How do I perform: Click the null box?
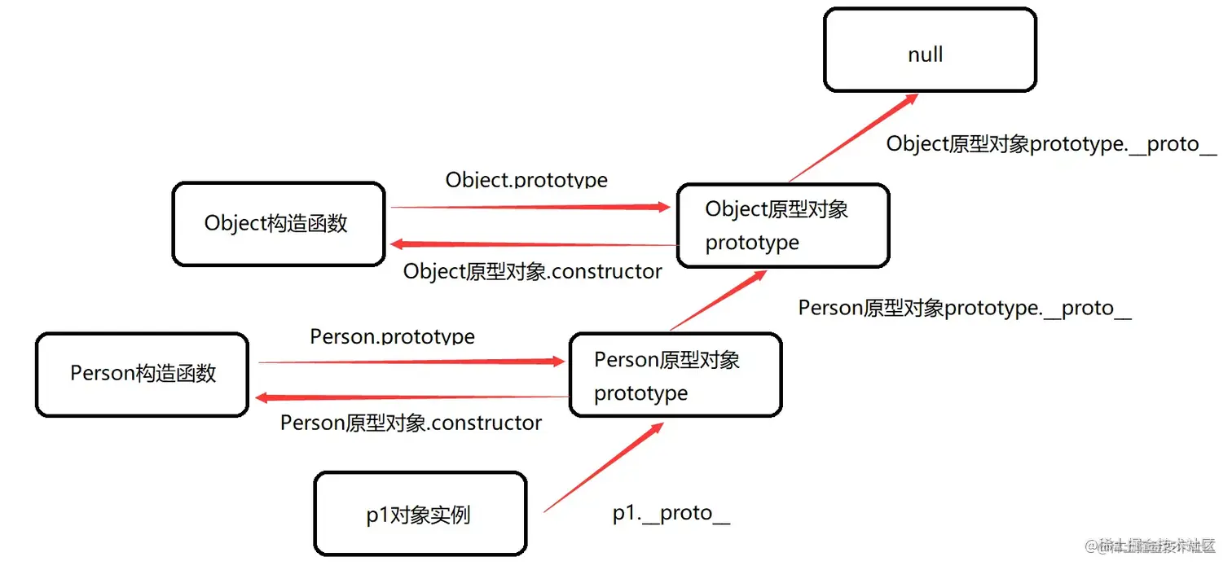pos(930,50)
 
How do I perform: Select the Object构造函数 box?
pos(278,224)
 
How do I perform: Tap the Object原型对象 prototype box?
pos(782,226)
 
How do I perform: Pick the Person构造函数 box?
pos(142,374)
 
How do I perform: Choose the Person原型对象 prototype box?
pos(675,375)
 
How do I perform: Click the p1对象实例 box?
pos(420,514)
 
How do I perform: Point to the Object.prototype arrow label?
pos(526,179)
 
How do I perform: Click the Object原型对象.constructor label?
pos(532,271)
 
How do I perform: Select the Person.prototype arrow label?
pos(392,336)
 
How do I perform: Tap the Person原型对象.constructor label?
pos(411,423)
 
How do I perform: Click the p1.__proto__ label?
pos(671,513)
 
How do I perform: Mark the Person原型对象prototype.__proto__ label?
pos(965,308)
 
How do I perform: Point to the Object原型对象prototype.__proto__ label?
pos(1051,144)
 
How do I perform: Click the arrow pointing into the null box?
pos(853,138)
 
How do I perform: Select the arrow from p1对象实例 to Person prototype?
pos(603,468)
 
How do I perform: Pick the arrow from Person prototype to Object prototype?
pos(717,301)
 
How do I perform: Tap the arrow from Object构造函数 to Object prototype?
pos(530,208)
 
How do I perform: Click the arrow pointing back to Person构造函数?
pos(411,397)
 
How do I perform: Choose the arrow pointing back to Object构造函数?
pos(534,243)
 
